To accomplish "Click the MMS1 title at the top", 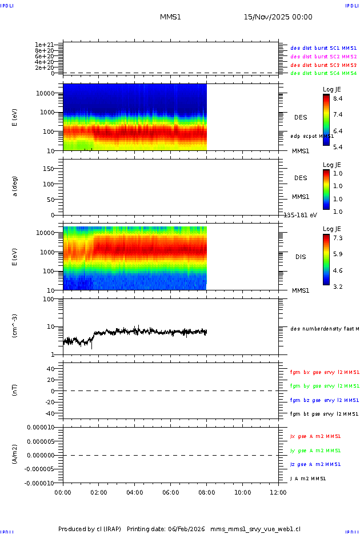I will [170, 17].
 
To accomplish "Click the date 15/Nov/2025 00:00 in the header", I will [278, 17].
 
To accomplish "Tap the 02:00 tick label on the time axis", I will [99, 492].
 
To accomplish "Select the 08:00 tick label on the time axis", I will [206, 492].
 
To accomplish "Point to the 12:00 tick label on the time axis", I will [278, 492].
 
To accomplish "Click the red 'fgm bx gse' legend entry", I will [324, 372].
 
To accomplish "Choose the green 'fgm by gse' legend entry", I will [324, 386].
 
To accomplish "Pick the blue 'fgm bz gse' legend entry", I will [324, 400].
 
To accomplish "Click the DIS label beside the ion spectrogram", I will [301, 257].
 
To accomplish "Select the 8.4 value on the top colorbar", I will [338, 99].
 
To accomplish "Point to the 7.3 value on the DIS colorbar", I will [338, 238].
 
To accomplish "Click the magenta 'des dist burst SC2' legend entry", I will [323, 57].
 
